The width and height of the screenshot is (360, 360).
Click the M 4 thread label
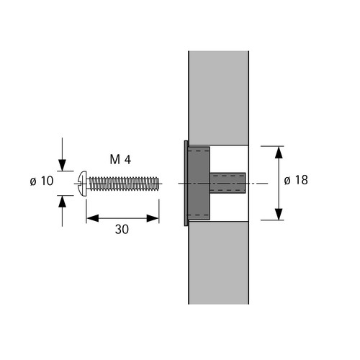(x=120, y=160)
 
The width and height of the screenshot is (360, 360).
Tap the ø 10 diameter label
(x=42, y=181)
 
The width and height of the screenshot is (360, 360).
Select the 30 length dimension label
(x=122, y=230)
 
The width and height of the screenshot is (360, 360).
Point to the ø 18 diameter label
(x=296, y=180)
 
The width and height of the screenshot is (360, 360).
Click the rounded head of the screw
(x=83, y=184)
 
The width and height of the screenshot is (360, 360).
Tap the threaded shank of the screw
(x=124, y=184)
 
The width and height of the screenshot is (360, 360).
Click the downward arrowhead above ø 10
(x=62, y=165)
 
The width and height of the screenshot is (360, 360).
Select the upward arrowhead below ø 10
(x=62, y=202)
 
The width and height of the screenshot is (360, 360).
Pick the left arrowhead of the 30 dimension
(x=93, y=218)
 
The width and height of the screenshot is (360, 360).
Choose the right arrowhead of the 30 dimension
(x=153, y=218)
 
